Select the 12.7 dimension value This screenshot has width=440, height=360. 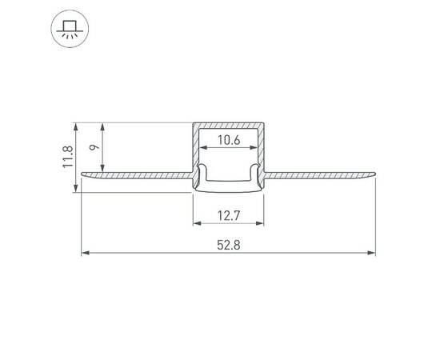(229, 214)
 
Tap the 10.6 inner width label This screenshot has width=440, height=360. (229, 141)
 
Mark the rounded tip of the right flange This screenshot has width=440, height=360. (373, 173)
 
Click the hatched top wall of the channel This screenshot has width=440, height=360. (229, 125)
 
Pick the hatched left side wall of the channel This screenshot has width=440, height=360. (194, 148)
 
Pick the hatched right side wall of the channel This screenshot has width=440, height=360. (263, 148)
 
